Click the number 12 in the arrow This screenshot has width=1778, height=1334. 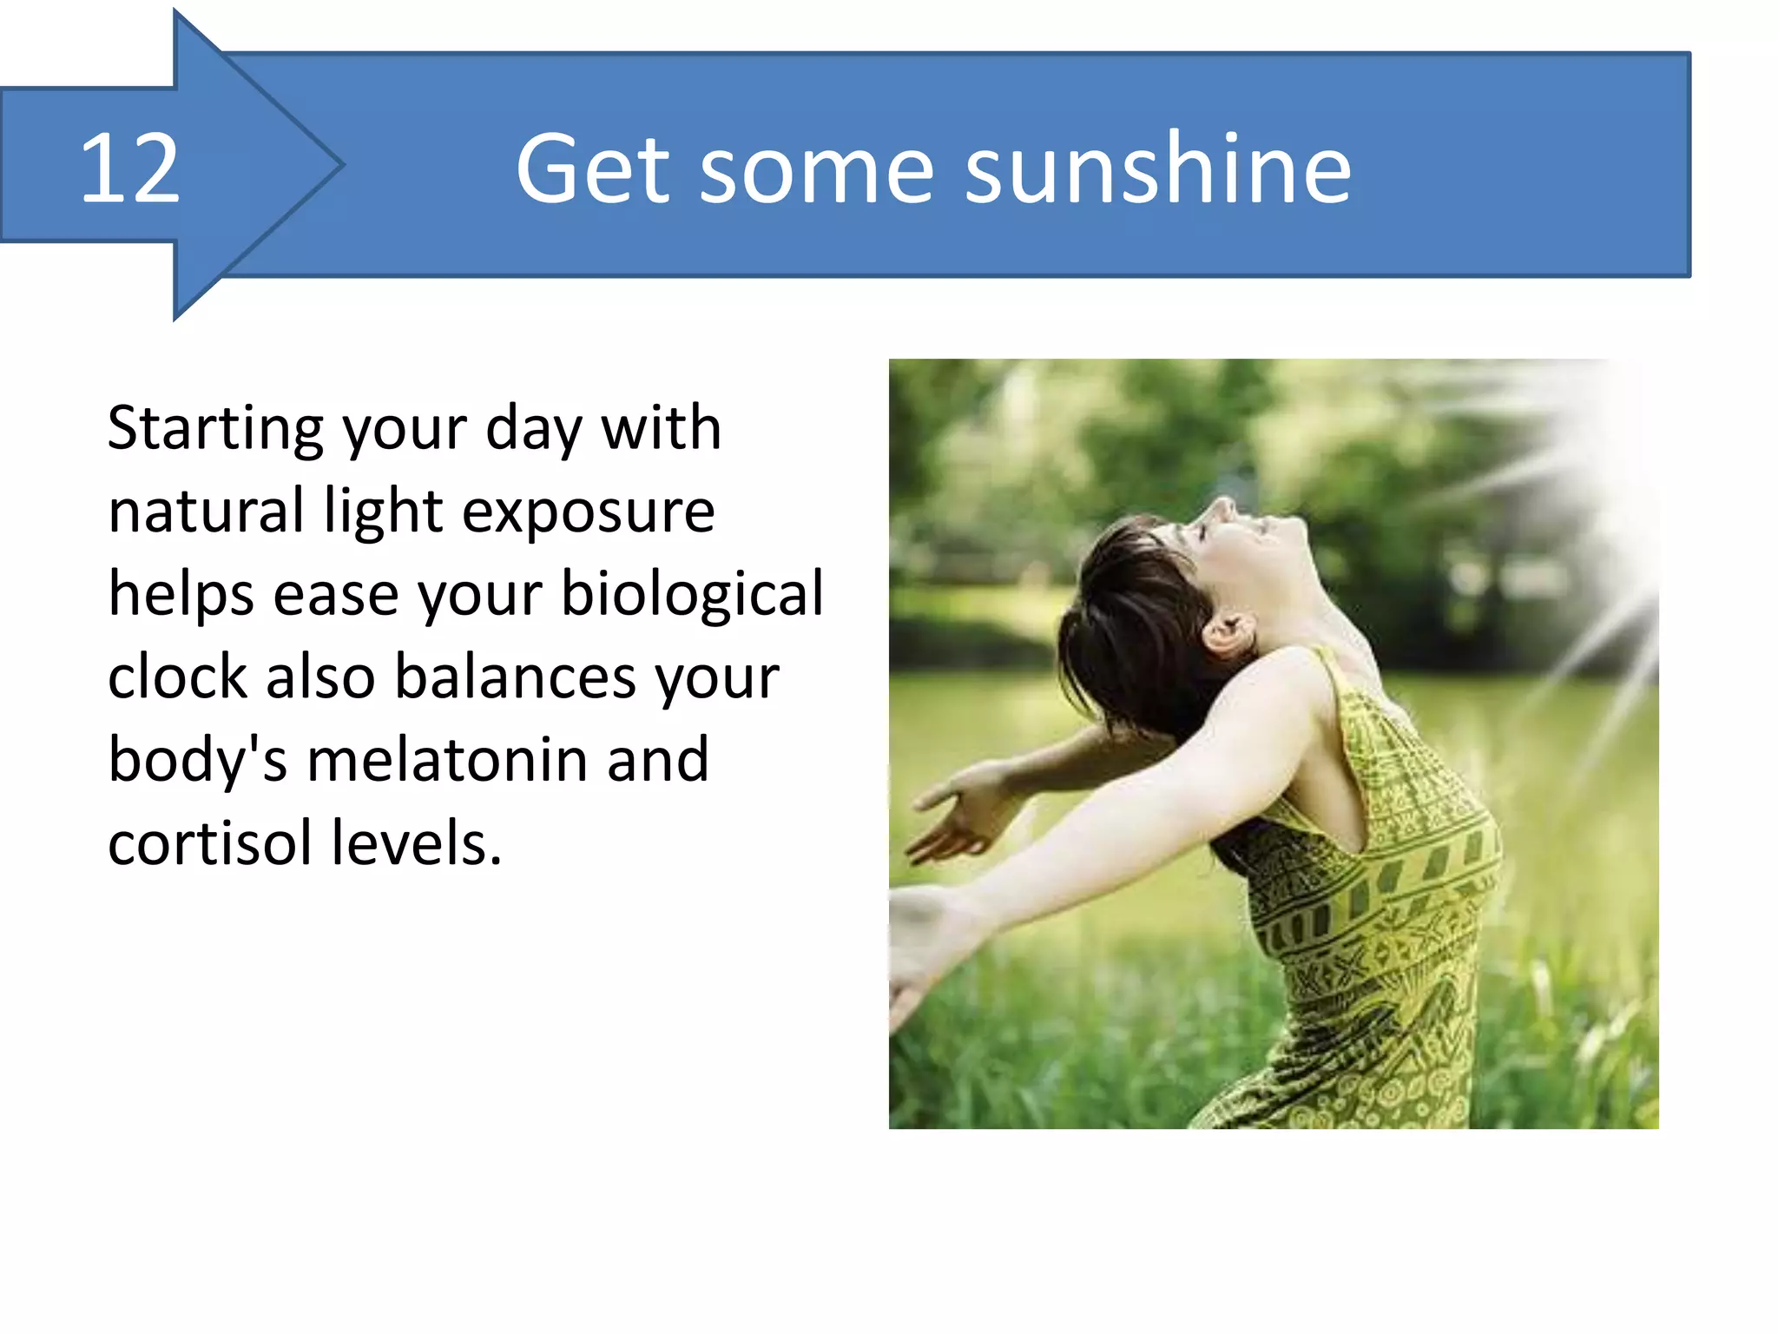[x=130, y=169]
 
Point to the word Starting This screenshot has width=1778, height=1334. [x=215, y=429]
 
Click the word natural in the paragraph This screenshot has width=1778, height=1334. [x=206, y=512]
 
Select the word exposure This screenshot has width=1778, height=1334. [x=589, y=513]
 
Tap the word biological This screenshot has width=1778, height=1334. [x=692, y=595]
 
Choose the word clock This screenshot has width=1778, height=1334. [x=180, y=677]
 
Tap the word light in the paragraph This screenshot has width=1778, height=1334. [x=383, y=512]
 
